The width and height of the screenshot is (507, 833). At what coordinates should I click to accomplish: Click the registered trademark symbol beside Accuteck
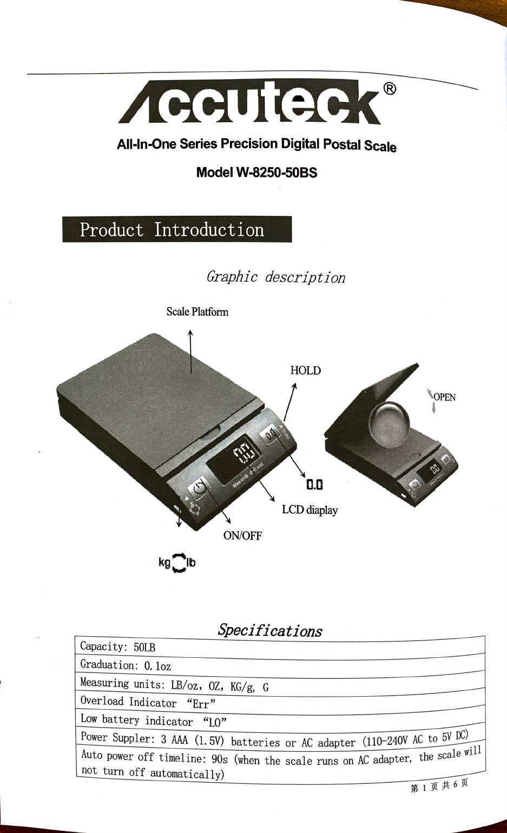(390, 89)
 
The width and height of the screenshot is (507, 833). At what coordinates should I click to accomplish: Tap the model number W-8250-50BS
(276, 173)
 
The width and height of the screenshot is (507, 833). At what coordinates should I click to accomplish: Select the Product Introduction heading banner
(177, 229)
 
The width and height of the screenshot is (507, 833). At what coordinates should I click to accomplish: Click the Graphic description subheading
(275, 277)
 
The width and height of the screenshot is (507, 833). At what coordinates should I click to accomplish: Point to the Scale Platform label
(197, 312)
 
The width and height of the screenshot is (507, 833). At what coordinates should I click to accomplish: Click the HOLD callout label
(305, 371)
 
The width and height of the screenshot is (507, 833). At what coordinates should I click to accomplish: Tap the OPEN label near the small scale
(445, 397)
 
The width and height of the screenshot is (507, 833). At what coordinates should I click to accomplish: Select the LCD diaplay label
(310, 510)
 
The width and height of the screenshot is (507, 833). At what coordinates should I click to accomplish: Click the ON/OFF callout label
(242, 535)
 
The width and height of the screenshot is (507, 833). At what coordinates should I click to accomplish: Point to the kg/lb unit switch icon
(177, 563)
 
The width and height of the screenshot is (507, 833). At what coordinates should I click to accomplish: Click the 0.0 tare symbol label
(314, 485)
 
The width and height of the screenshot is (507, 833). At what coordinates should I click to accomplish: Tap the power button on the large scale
(200, 488)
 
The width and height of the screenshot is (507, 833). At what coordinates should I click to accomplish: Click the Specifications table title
(270, 630)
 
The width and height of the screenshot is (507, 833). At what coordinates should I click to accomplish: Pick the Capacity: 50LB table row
(280, 647)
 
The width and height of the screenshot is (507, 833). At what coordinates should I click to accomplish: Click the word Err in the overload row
(201, 704)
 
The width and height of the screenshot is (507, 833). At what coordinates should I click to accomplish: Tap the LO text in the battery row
(215, 722)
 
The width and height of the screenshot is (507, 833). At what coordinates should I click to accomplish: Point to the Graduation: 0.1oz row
(280, 666)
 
